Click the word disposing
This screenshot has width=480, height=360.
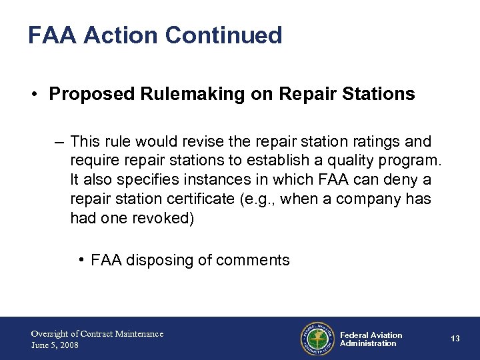(x=161, y=260)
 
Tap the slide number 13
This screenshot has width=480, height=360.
(x=455, y=339)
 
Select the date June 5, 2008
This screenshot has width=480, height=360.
(x=55, y=345)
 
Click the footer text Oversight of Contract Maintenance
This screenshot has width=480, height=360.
(x=97, y=333)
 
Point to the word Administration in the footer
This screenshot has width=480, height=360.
(x=368, y=343)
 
